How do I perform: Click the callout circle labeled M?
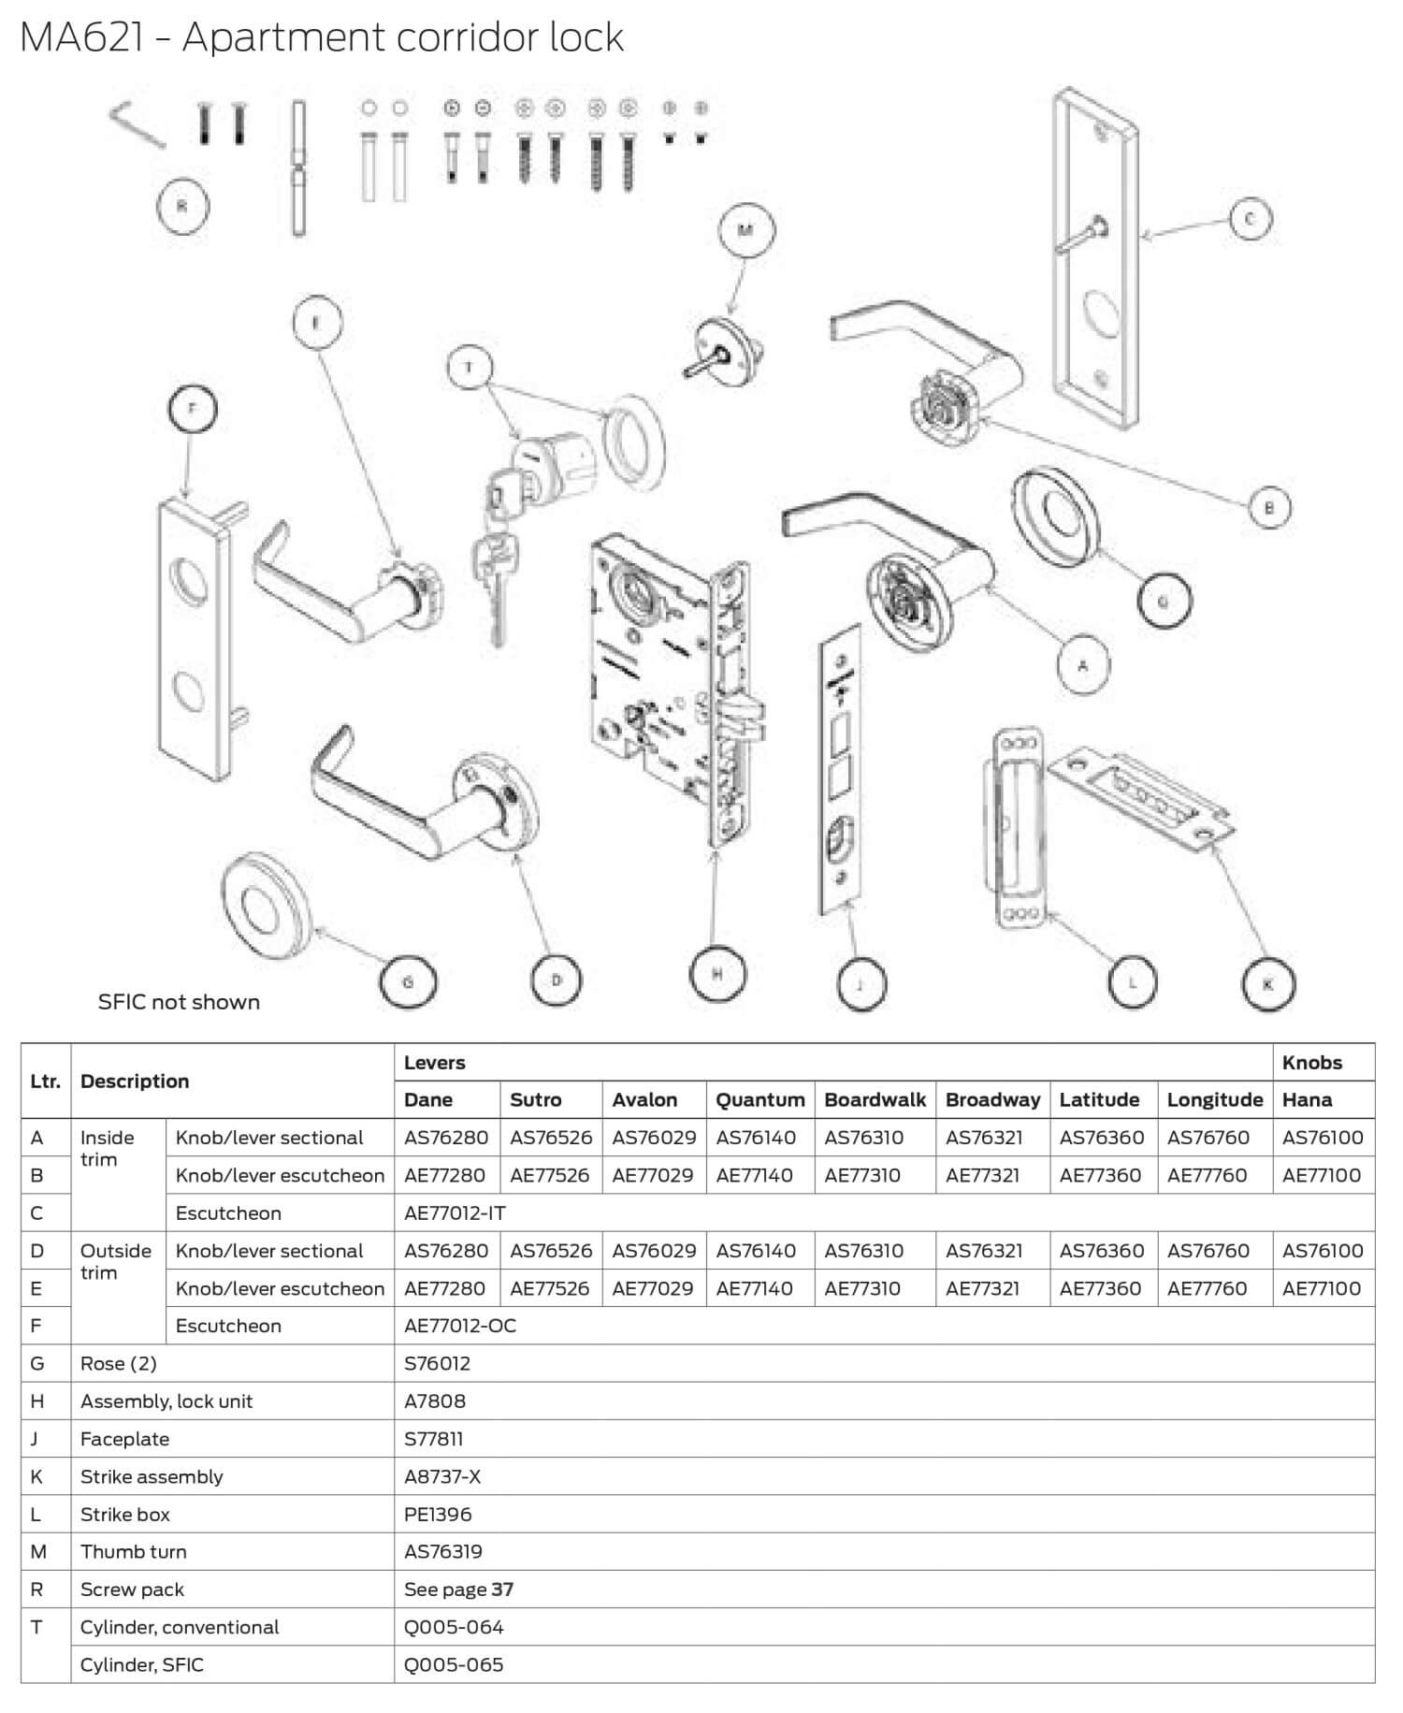pos(745,231)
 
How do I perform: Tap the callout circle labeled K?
pos(1268,984)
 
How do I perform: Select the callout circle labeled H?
pos(717,974)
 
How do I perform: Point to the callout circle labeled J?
pos(859,984)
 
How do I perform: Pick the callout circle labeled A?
pos(1084,666)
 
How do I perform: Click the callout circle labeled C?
pos(1251,219)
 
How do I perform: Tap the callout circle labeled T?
pos(470,369)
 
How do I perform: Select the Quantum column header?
pos(759,1099)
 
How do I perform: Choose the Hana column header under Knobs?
pos(1307,1099)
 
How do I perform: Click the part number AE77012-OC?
pos(459,1326)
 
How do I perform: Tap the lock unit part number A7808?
pos(434,1401)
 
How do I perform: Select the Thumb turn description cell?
pos(134,1551)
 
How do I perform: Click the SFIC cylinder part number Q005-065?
pos(454,1664)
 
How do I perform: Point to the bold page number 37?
pos(502,1590)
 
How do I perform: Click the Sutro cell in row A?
pos(551,1138)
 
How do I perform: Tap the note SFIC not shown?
pos(179,1002)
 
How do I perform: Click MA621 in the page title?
pos(82,37)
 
